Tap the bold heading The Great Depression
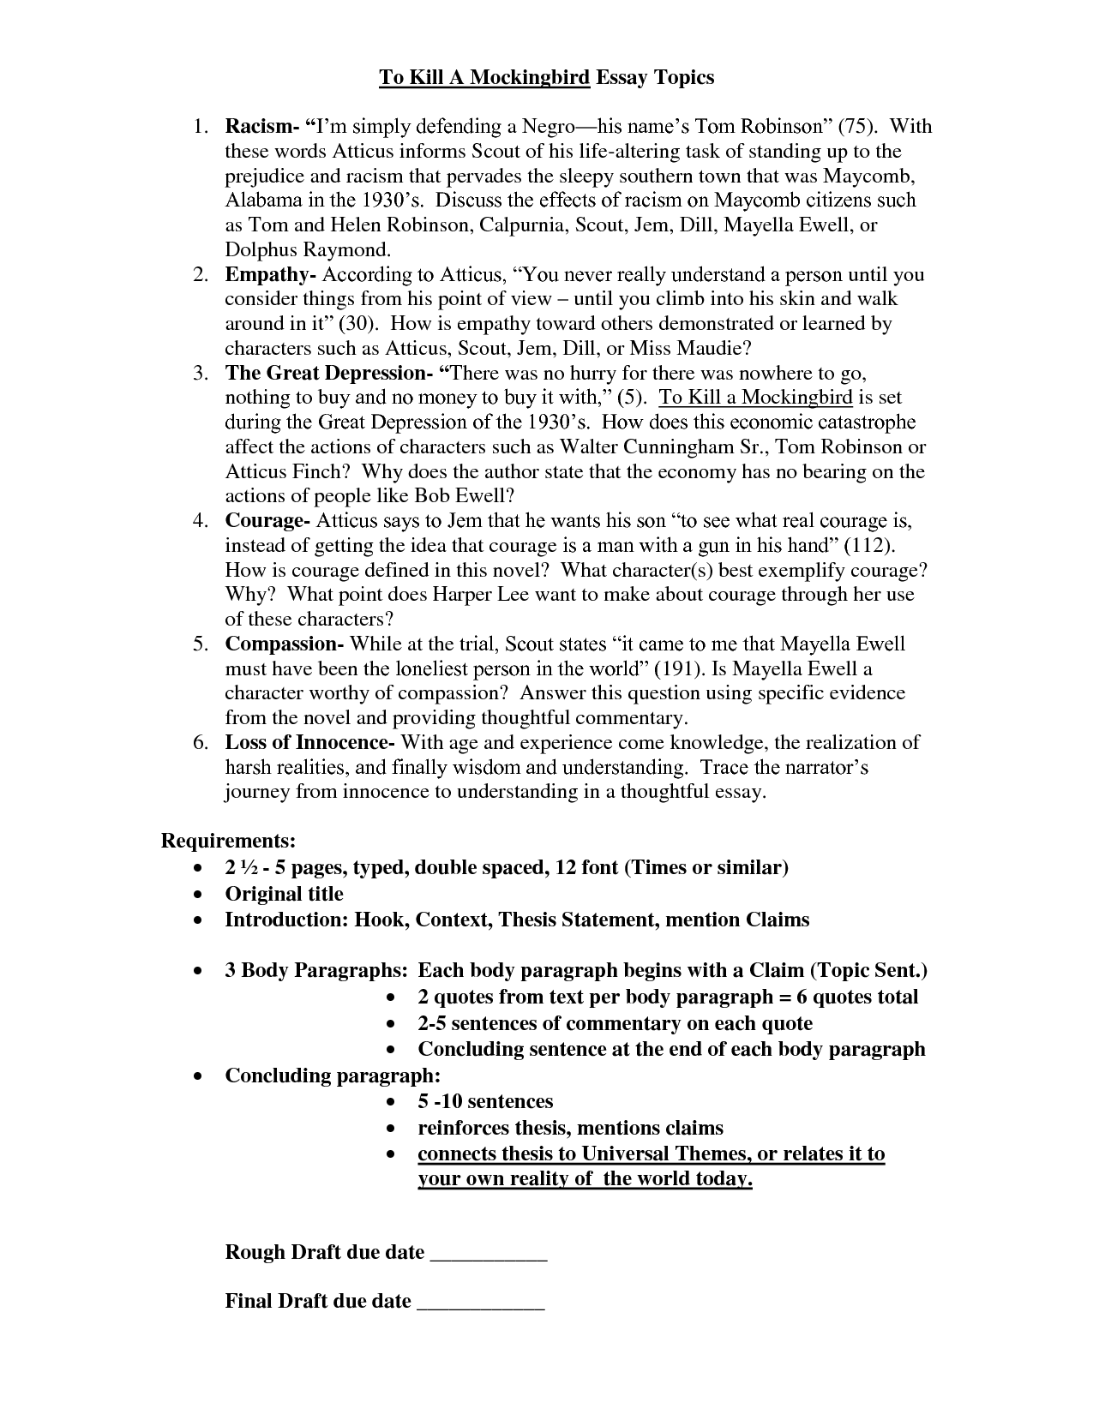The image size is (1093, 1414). pyautogui.click(x=326, y=374)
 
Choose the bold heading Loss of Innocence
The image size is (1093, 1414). pyautogui.click(x=306, y=742)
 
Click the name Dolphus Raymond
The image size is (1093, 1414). pyautogui.click(x=307, y=250)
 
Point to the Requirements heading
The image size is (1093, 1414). pyautogui.click(x=229, y=840)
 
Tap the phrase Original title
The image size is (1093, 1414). pyautogui.click(x=284, y=894)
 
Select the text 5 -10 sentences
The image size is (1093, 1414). pyautogui.click(x=485, y=1101)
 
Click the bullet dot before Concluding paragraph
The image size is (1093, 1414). pyautogui.click(x=199, y=1076)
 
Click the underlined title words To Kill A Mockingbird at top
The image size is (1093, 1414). pyautogui.click(x=484, y=78)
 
